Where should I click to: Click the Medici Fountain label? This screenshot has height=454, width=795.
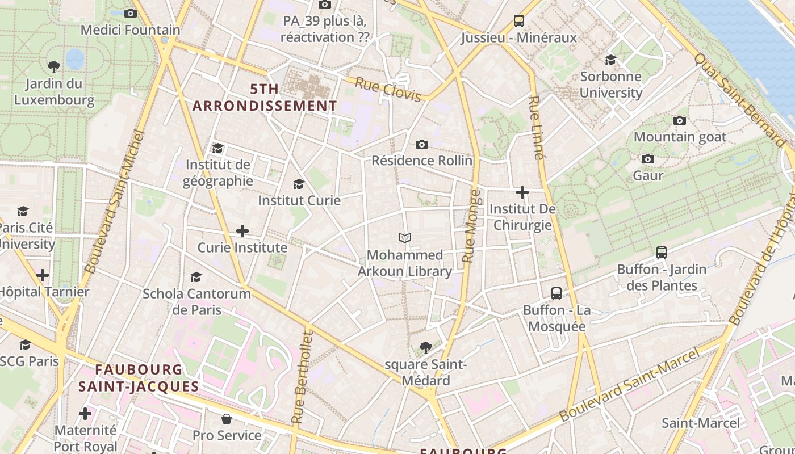[x=130, y=30]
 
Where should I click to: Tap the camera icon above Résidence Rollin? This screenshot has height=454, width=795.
[x=421, y=144]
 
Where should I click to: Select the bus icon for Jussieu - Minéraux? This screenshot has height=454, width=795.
[x=518, y=21]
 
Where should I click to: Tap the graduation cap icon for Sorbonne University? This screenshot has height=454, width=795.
[x=610, y=60]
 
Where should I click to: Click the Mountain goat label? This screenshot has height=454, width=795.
[x=680, y=137]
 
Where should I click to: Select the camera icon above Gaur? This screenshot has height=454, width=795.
[x=648, y=159]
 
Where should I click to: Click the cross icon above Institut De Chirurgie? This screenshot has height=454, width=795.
[x=522, y=192]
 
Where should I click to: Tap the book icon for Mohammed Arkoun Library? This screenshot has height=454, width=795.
[x=405, y=238]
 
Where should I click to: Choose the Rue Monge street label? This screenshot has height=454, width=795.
[x=471, y=226]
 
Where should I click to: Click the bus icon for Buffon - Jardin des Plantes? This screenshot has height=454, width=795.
[x=662, y=253]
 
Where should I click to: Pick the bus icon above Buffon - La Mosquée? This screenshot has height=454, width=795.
[x=556, y=293]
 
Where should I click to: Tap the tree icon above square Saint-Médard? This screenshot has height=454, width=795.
[x=425, y=347]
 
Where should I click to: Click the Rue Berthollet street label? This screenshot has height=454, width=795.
[x=302, y=377]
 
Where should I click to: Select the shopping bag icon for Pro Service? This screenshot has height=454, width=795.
[x=227, y=419]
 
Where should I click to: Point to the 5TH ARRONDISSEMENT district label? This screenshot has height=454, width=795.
[x=265, y=98]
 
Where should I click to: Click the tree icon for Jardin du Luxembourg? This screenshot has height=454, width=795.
[x=54, y=67]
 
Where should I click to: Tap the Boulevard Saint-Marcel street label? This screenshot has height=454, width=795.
[x=629, y=385]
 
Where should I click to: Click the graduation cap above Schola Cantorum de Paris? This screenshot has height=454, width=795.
[x=196, y=277]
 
